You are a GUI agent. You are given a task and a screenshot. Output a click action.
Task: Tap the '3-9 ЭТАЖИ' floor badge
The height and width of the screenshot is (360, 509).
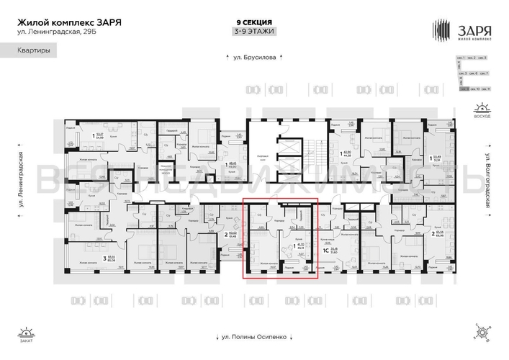tap(254, 32)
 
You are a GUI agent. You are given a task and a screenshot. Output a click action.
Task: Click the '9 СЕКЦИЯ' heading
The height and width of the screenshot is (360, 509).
tap(254, 22)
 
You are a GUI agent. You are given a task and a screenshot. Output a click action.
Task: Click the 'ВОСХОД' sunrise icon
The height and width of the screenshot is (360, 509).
tap(482, 111)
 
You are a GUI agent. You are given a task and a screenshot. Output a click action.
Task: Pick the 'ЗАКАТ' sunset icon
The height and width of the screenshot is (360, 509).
tap(27, 333)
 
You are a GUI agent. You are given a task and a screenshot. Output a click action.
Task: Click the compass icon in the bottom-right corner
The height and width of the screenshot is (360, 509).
tap(481, 332)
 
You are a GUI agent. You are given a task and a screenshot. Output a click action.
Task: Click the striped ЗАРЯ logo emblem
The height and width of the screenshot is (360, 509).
tap(441, 30)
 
